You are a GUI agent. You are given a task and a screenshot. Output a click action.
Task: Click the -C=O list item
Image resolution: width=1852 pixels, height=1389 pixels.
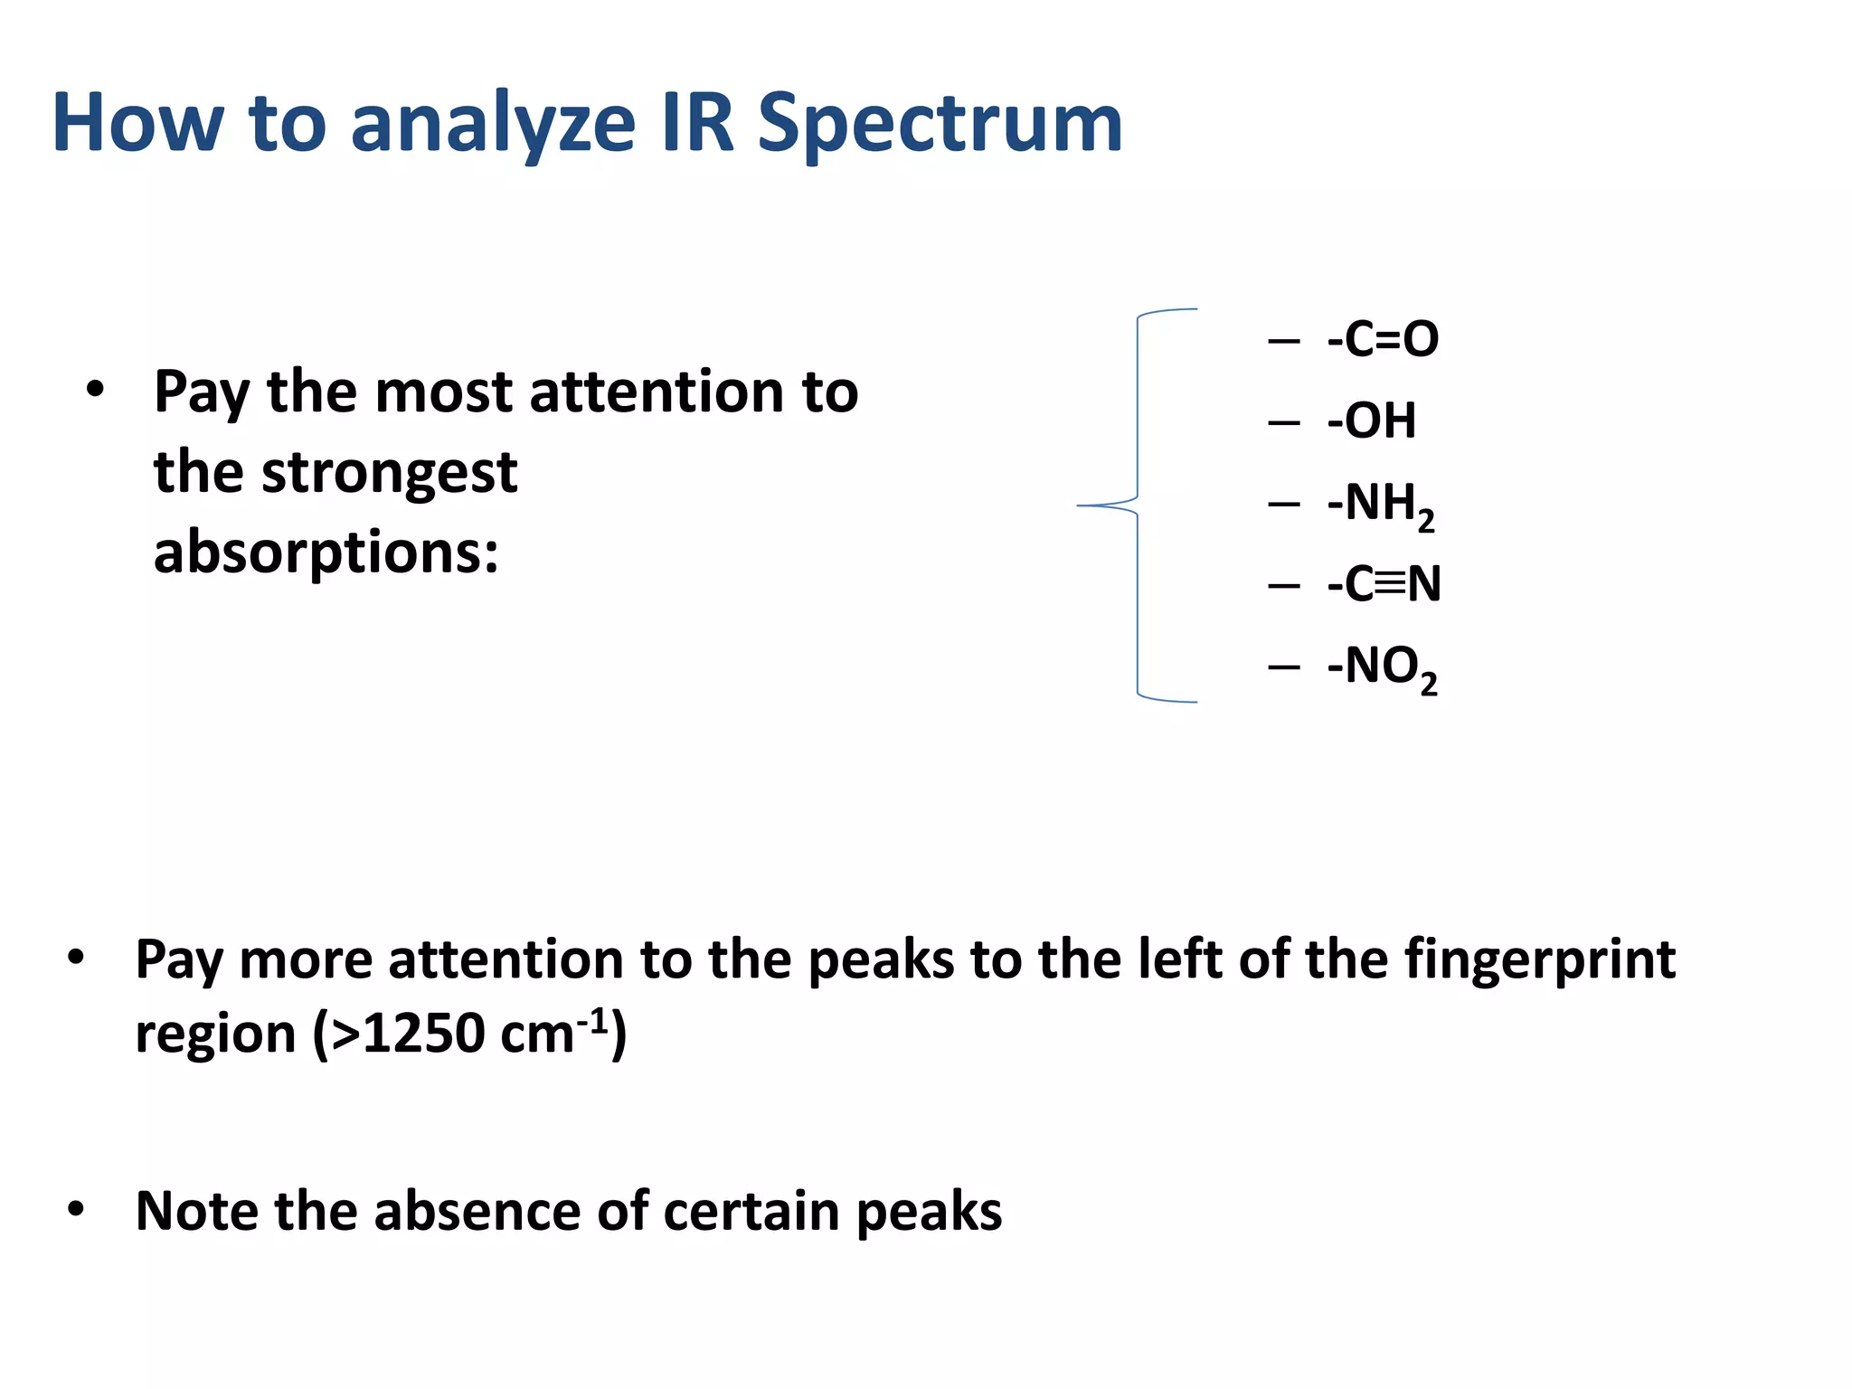[x=1382, y=339]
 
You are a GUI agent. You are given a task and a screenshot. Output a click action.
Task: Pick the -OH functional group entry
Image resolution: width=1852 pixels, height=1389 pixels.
[x=1371, y=420]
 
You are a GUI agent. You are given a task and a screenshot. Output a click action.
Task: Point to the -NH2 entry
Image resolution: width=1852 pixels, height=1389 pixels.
[x=1380, y=505]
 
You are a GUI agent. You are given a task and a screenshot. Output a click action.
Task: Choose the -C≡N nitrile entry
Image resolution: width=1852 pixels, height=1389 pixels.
[x=1384, y=584]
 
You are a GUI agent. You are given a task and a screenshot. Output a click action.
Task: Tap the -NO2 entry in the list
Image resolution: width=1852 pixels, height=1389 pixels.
[x=1382, y=667]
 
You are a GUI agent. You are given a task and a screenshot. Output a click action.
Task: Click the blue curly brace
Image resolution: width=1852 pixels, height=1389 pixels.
[x=1138, y=505]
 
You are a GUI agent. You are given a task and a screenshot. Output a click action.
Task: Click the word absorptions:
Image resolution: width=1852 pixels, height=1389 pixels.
[x=326, y=553]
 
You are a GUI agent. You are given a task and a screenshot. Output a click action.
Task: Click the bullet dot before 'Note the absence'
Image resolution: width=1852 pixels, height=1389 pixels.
[x=76, y=1209]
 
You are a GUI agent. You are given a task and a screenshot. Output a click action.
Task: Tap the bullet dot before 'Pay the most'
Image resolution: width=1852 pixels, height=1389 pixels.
[x=95, y=391]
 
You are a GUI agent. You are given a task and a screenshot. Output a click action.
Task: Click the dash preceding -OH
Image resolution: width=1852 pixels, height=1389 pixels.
[x=1283, y=422]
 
